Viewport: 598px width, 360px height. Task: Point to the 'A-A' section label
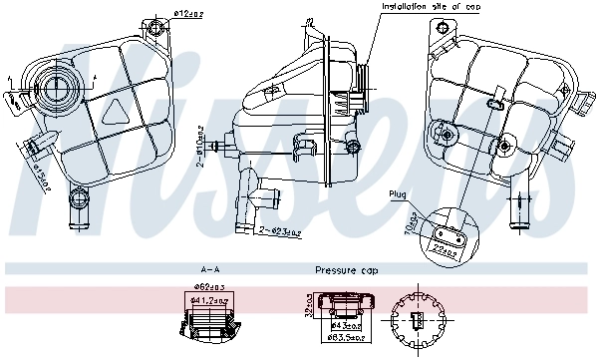[x=210, y=270]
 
